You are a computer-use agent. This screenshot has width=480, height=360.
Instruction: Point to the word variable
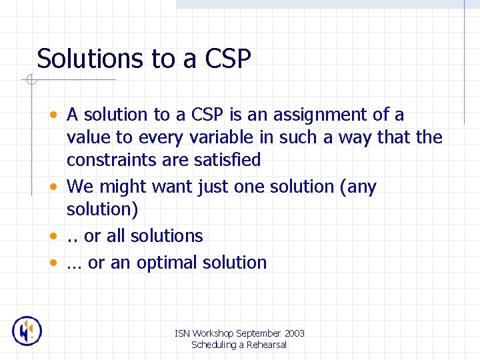218,137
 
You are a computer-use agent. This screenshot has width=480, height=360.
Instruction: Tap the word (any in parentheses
358,187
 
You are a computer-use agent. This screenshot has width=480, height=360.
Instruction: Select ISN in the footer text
181,333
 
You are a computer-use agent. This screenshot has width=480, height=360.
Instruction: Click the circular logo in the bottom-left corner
27,331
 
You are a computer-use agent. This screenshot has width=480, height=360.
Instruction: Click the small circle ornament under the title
30,81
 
